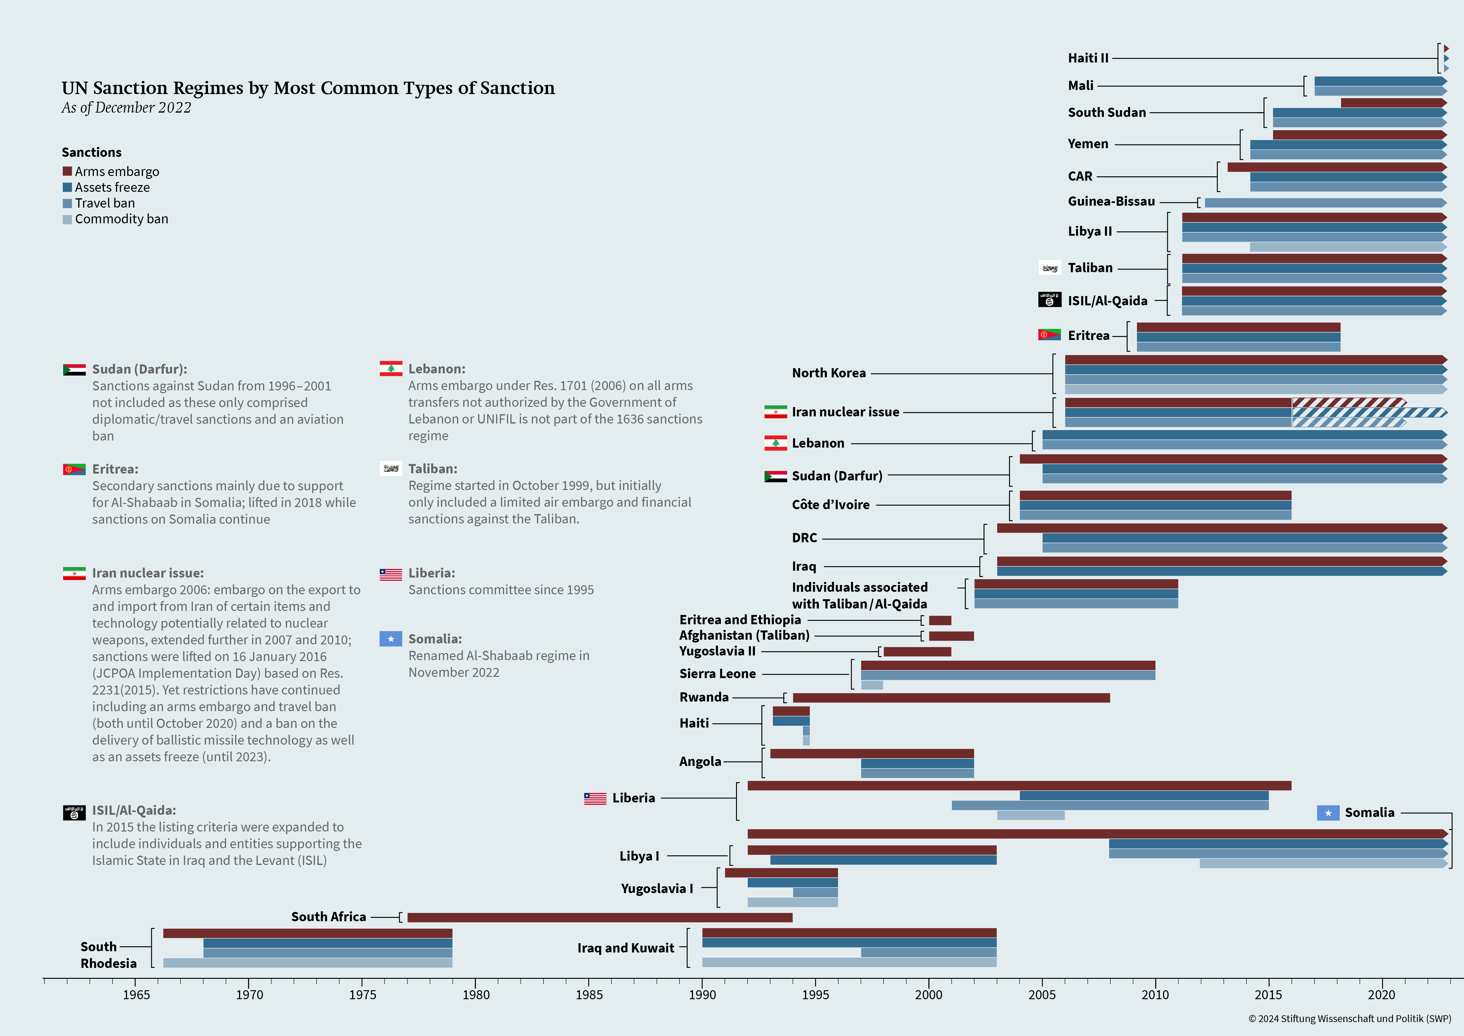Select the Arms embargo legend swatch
click(67, 171)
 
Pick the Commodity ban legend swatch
click(67, 219)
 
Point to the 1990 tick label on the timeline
click(702, 995)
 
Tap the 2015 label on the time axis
click(1268, 995)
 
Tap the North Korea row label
click(829, 373)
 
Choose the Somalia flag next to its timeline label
click(1328, 813)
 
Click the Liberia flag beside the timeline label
click(595, 798)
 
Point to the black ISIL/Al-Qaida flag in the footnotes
click(74, 812)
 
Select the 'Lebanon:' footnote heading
click(437, 369)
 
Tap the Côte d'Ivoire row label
click(831, 505)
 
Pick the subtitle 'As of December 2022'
click(126, 108)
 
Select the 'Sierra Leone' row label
click(717, 674)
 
